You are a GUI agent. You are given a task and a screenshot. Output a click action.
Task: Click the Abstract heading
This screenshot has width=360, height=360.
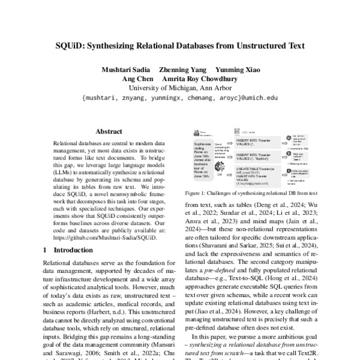pos(108,131)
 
